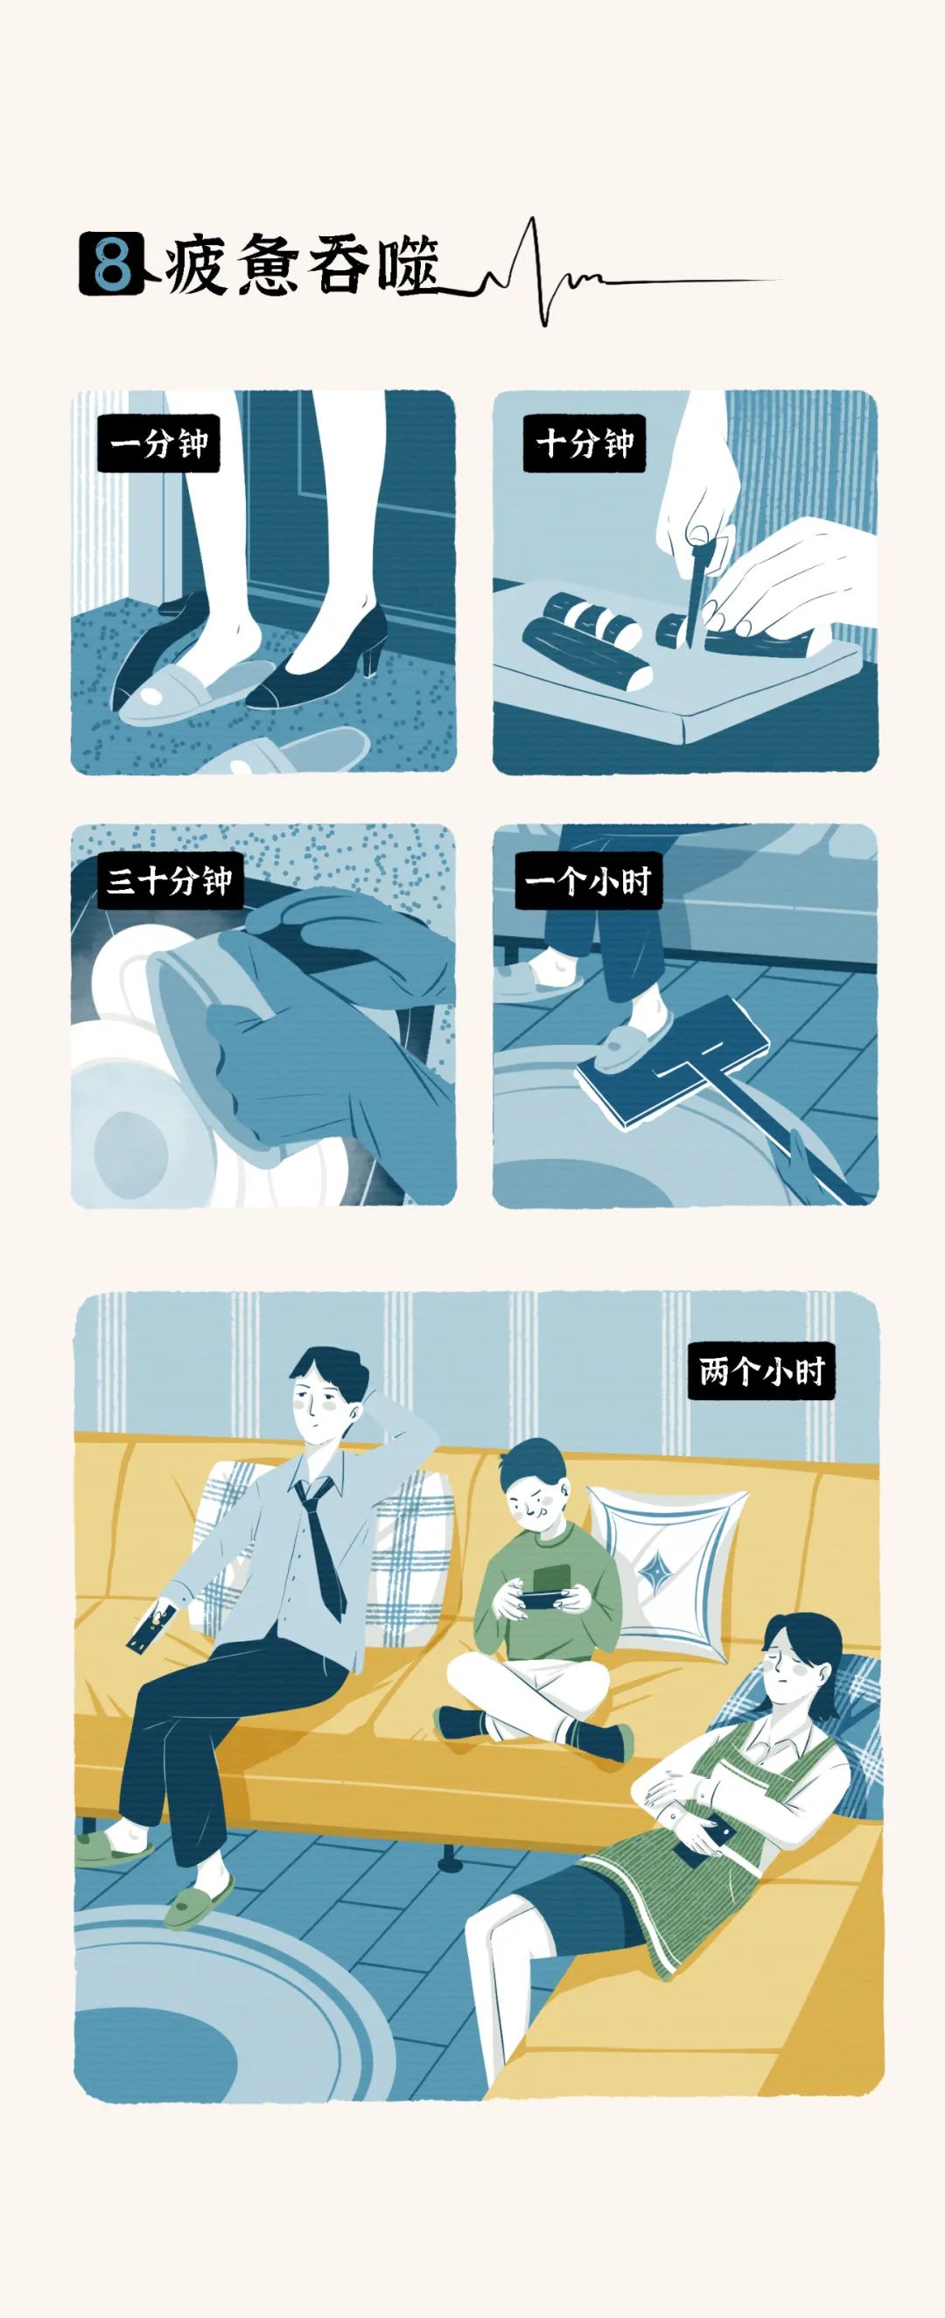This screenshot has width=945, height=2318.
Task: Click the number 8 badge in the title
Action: tap(112, 263)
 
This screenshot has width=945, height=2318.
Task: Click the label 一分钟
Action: tap(158, 443)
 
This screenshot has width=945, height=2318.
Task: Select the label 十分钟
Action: tap(585, 443)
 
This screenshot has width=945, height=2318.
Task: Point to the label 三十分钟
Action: tap(170, 880)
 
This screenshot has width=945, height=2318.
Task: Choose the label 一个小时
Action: tap(589, 880)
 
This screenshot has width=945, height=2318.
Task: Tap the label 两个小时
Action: tap(761, 1370)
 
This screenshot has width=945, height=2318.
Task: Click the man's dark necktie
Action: tap(321, 1546)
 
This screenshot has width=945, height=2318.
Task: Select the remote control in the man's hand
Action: tap(150, 1627)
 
